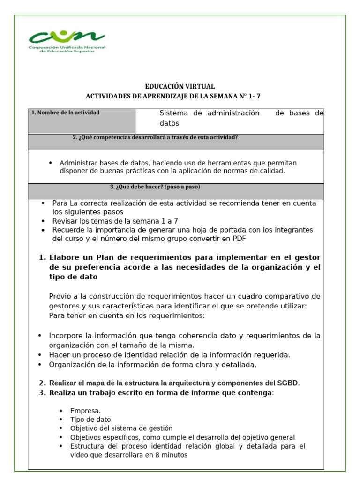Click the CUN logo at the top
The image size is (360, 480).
click(x=67, y=42)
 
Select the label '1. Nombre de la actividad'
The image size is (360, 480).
click(x=66, y=112)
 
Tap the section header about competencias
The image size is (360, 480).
click(x=155, y=137)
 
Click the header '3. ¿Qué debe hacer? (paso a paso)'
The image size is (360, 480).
click(x=155, y=187)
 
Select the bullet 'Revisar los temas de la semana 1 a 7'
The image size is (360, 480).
click(x=115, y=221)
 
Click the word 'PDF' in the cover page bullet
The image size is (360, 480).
click(x=238, y=238)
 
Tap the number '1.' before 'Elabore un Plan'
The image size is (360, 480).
click(x=42, y=257)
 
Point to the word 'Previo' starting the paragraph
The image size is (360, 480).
click(x=60, y=296)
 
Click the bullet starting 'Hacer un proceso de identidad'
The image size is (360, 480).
click(x=169, y=355)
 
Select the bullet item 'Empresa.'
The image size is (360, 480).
click(x=85, y=411)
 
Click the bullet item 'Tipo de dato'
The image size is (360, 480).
click(x=90, y=420)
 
